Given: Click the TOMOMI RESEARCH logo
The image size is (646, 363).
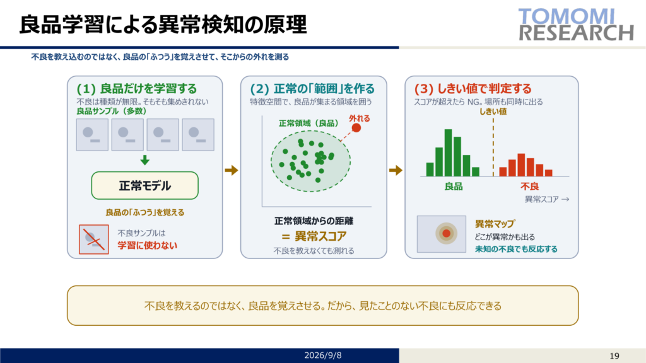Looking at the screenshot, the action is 576,25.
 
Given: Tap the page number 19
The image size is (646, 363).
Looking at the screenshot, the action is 614,356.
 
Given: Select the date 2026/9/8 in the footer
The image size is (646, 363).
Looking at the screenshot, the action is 322,355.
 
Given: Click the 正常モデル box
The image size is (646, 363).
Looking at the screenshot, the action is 144,186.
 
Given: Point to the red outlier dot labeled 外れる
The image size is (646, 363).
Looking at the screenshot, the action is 356,128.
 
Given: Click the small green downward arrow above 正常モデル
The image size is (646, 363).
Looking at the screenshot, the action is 144,160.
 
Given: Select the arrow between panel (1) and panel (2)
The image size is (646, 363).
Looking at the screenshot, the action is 232,170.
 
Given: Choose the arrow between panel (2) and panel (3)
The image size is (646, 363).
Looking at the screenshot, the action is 396,170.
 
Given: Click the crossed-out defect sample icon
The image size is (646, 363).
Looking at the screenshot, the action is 94,239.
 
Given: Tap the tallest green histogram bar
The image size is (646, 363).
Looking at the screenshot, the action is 449,153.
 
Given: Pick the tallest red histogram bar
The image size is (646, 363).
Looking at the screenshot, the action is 521,165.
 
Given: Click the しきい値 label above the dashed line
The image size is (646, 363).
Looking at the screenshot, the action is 493,112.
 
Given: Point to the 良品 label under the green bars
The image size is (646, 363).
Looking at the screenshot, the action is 453,187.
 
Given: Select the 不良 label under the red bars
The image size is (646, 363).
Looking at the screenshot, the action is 529,187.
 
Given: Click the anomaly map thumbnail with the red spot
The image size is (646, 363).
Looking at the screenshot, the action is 442,234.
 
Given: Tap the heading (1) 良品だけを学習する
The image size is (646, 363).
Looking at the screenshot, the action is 137,88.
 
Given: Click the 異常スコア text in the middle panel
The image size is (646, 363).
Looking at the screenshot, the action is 320,236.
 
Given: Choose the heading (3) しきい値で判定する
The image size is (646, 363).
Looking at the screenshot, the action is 473,88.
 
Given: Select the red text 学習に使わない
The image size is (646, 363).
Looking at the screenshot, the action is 148,245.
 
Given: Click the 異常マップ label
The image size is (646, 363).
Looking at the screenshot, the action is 495,224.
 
